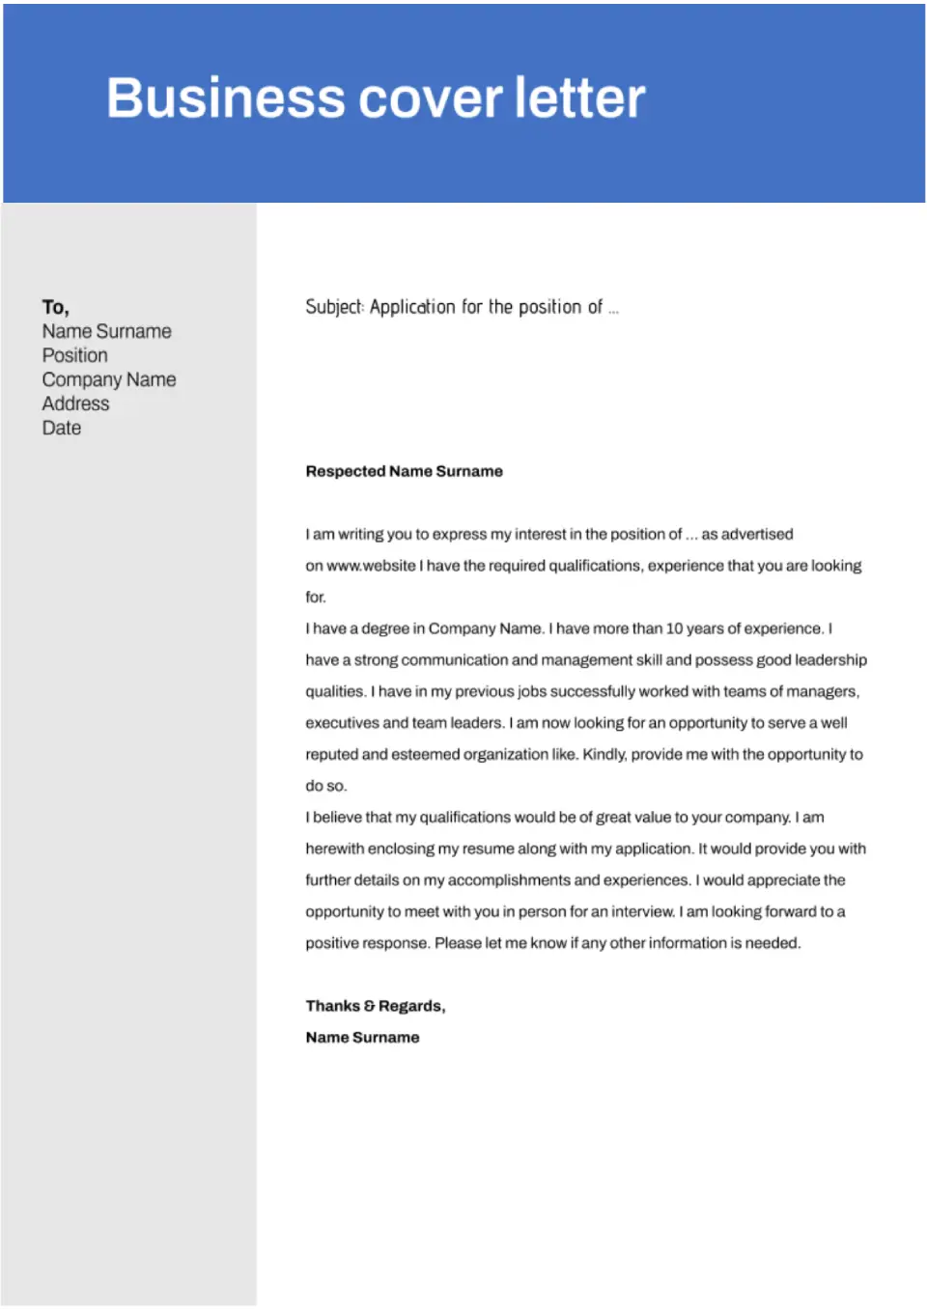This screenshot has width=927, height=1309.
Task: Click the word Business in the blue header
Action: (225, 98)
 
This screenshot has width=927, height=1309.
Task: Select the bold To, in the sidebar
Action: (55, 307)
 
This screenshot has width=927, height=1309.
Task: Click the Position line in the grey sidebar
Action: (74, 355)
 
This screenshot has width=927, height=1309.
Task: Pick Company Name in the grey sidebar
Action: (108, 379)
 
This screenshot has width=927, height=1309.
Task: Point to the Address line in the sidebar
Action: (75, 404)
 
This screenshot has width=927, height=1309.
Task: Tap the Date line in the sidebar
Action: (61, 428)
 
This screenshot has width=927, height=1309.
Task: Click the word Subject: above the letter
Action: (334, 307)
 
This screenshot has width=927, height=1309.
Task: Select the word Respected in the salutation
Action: (345, 471)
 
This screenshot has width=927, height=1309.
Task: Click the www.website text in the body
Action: (371, 566)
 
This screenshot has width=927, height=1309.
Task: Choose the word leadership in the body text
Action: (830, 660)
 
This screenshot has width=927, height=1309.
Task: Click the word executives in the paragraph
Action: (342, 723)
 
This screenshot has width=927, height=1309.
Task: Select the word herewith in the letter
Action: (335, 849)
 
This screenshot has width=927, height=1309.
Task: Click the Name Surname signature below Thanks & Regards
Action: (362, 1038)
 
